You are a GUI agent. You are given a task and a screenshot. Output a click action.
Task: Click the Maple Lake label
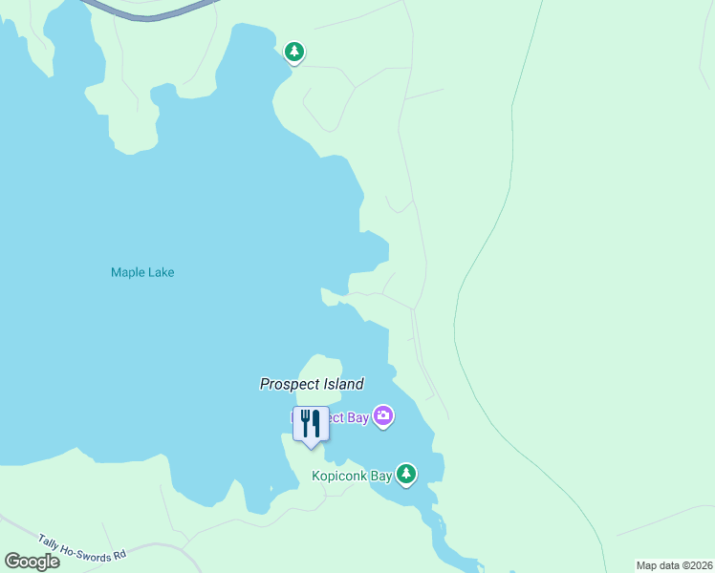[x=142, y=272]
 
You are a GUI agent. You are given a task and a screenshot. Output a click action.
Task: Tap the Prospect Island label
[x=312, y=384]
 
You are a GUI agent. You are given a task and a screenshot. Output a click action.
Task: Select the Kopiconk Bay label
[x=352, y=476]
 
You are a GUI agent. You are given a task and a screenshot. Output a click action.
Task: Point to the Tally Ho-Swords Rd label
[x=80, y=548]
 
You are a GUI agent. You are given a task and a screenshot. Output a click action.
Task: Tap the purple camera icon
[x=383, y=415]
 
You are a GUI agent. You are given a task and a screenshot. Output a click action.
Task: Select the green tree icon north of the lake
[x=294, y=52]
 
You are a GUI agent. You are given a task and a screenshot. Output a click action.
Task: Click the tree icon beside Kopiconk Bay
[x=407, y=474]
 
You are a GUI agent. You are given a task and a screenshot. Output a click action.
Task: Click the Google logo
[x=32, y=562]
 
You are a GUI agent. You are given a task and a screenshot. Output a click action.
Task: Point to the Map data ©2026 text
[x=674, y=565]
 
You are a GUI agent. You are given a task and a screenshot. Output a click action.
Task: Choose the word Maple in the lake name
[x=127, y=272]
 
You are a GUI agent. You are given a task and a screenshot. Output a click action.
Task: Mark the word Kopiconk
[x=338, y=476]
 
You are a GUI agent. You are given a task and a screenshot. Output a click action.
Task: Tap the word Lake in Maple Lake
[x=161, y=272]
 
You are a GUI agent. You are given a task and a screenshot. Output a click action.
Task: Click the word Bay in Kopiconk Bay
[x=380, y=476]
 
